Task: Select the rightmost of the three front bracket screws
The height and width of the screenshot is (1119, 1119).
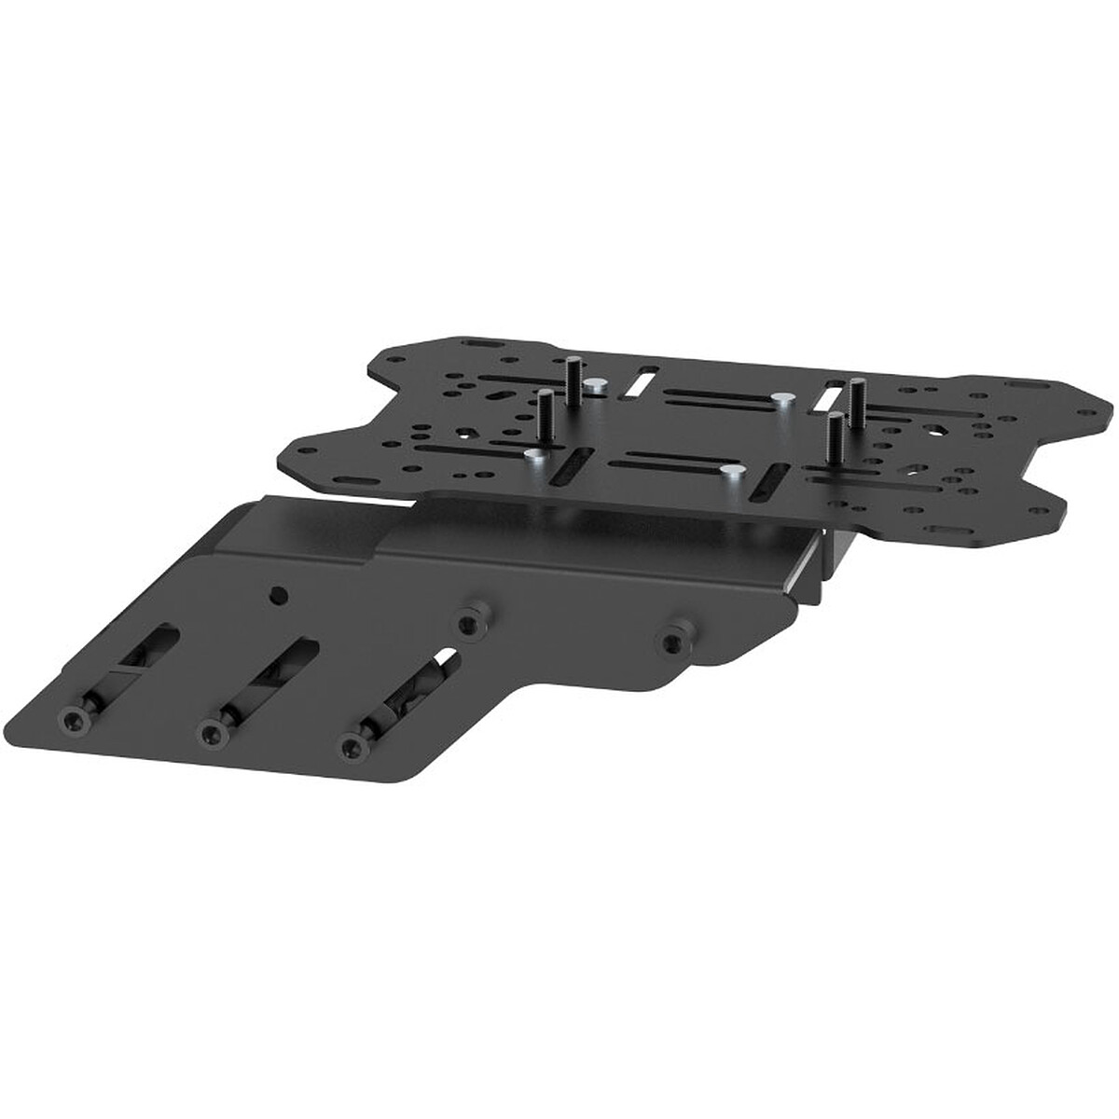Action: click(352, 744)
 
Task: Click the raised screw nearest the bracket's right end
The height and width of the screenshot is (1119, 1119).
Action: click(670, 641)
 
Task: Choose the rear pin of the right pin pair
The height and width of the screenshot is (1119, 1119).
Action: click(854, 396)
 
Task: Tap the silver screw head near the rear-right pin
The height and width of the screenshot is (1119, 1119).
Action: click(781, 399)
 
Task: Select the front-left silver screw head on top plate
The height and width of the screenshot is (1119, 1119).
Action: click(533, 456)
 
